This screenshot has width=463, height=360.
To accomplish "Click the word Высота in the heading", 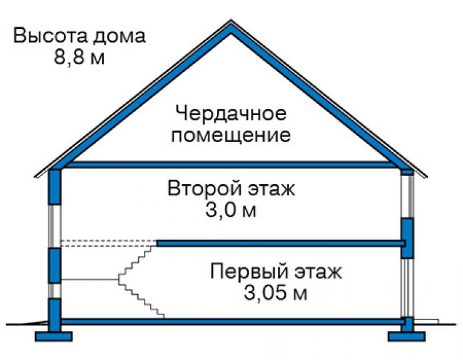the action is (50, 36).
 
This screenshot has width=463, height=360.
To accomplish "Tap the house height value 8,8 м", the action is (79, 57).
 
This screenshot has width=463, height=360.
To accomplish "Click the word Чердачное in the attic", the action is (231, 113).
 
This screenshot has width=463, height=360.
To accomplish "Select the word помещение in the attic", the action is (231, 135).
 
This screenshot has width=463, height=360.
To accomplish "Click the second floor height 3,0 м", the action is (231, 210).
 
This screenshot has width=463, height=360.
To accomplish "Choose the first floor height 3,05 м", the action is (275, 293).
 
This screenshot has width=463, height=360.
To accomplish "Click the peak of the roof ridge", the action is (231, 21).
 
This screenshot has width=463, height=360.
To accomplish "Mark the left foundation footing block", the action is (54, 337).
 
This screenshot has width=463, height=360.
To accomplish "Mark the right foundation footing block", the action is (407, 337).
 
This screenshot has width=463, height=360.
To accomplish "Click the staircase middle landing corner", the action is (119, 279).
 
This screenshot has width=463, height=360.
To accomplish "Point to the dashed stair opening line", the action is (109, 243).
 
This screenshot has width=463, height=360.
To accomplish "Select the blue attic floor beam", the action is (231, 165).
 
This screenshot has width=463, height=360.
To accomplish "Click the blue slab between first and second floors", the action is (281, 244).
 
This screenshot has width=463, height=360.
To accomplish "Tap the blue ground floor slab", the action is (232, 322).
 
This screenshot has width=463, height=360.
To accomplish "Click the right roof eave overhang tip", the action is (426, 177).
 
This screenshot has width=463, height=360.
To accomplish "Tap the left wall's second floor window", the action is (54, 226).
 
